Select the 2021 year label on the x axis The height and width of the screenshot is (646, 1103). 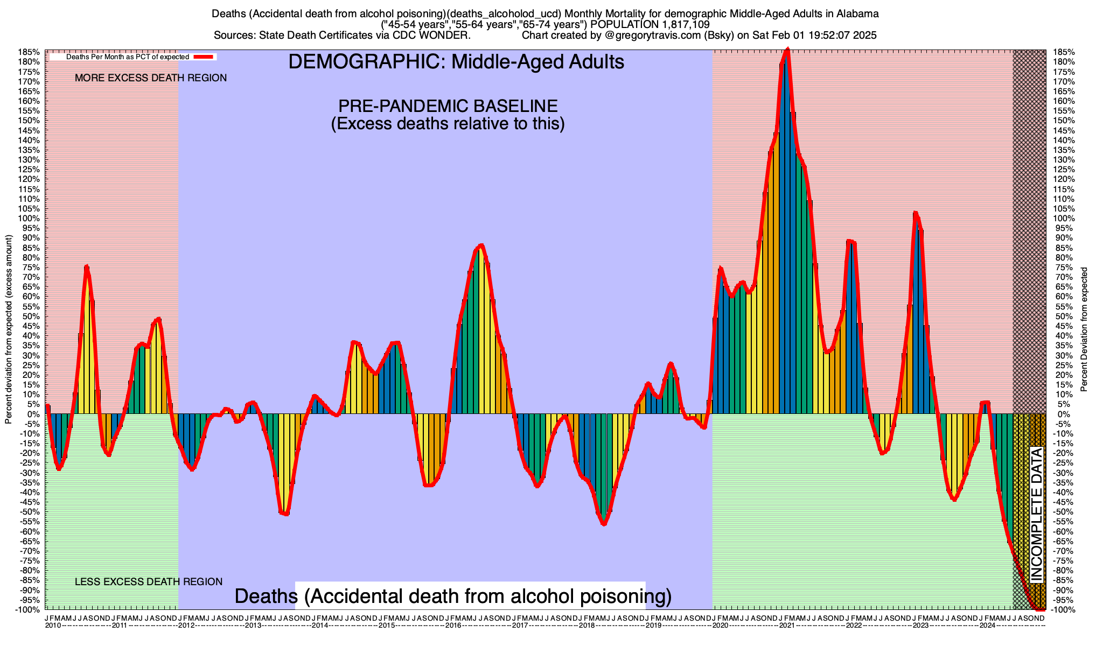pos(787,626)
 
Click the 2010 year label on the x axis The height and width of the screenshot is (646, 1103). pos(53,626)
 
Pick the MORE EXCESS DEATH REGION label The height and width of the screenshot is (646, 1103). pos(151,78)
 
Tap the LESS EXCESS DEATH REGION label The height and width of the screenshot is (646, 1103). pos(149,582)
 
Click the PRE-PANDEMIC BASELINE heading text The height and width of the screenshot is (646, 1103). pos(448,106)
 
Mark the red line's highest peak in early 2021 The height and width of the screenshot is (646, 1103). pos(788,50)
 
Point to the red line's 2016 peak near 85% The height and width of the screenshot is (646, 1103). pos(481,245)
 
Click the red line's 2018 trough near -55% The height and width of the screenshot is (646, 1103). pos(604,524)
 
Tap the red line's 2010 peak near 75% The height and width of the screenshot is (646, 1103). pos(87,266)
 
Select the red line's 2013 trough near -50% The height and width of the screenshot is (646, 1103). pos(286,514)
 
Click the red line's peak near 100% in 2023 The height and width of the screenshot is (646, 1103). pos(916,213)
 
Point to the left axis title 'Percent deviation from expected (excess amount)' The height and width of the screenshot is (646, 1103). pos(9,329)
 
